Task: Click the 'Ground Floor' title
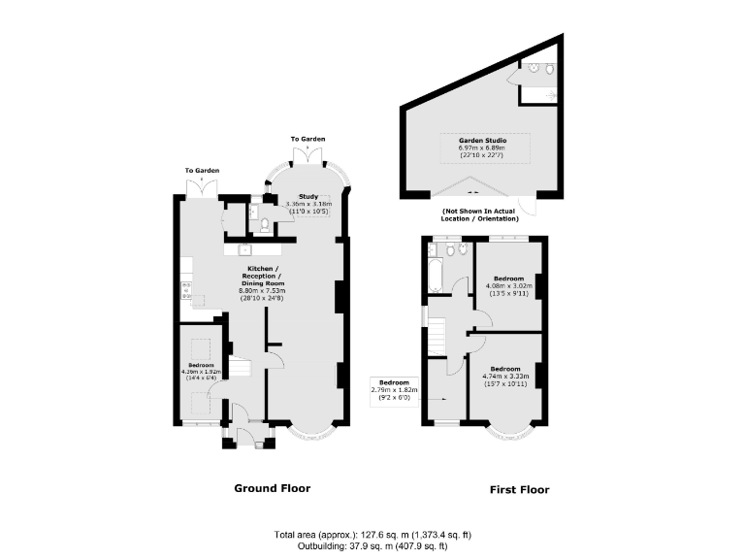pyautogui.click(x=273, y=488)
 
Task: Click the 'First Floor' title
pyautogui.click(x=518, y=490)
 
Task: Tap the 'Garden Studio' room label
pyautogui.click(x=483, y=140)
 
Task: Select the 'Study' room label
pyautogui.click(x=308, y=196)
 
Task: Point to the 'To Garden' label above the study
pyautogui.click(x=308, y=140)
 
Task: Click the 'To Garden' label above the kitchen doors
pyautogui.click(x=202, y=171)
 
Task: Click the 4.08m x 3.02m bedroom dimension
pyautogui.click(x=508, y=285)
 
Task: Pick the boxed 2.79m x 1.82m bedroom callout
pyautogui.click(x=395, y=389)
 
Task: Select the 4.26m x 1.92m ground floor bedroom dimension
pyautogui.click(x=202, y=370)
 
